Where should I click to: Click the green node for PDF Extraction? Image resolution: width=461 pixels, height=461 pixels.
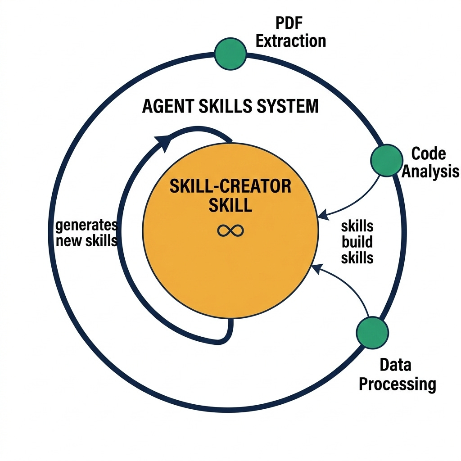(x=230, y=54)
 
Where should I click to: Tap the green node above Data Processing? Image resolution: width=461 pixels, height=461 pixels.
(x=372, y=333)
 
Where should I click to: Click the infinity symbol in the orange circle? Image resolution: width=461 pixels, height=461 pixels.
(x=230, y=231)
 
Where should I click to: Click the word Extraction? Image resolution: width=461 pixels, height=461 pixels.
(x=291, y=41)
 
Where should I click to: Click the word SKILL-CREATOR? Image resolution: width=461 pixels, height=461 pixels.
(x=230, y=186)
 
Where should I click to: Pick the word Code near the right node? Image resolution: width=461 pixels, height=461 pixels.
(x=429, y=154)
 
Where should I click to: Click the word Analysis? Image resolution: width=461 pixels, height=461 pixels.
(x=430, y=172)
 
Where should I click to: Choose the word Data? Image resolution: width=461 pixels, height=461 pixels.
(x=395, y=365)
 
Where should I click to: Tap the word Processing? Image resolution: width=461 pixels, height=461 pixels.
(x=397, y=384)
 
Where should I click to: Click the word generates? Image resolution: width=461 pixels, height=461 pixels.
(x=86, y=225)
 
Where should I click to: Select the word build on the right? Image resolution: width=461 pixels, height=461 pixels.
(x=357, y=242)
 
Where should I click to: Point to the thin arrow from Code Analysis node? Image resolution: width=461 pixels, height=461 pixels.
(x=356, y=199)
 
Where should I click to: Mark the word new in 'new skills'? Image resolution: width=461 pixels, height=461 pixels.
(x=68, y=241)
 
